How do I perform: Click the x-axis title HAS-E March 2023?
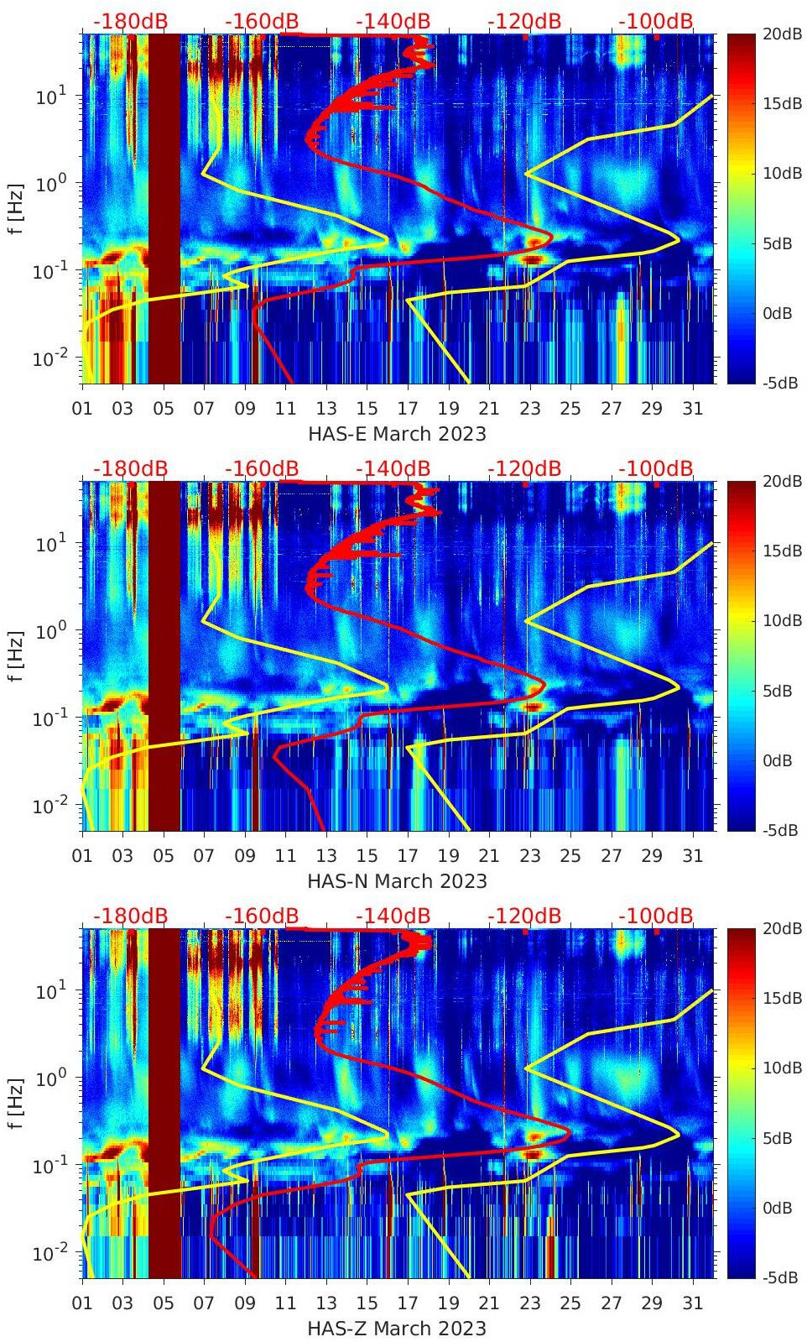click(397, 434)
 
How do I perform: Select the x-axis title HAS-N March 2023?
click(397, 881)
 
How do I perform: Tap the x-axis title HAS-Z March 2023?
click(397, 1329)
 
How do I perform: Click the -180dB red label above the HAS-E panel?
click(130, 22)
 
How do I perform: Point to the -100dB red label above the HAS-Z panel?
click(656, 916)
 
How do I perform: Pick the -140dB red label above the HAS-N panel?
click(393, 469)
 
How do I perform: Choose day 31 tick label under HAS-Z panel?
click(692, 1303)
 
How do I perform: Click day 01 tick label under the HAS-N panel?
click(82, 856)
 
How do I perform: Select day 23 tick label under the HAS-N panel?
click(529, 856)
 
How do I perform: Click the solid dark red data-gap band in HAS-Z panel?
click(164, 1103)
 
